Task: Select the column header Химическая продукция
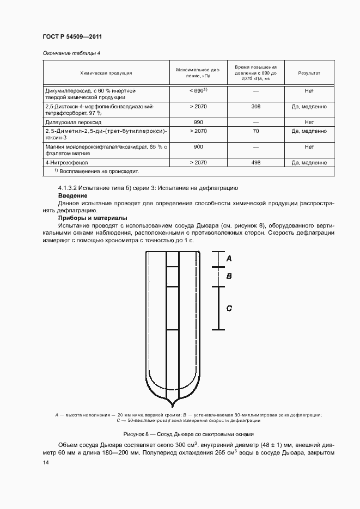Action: [106, 72]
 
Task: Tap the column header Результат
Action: [309, 72]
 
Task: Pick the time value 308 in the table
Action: [256, 107]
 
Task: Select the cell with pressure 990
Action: [198, 122]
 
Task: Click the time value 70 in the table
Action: [256, 131]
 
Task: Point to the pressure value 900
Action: [198, 146]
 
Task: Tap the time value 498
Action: [256, 162]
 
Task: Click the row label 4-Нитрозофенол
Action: [66, 162]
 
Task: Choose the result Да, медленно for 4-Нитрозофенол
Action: [309, 162]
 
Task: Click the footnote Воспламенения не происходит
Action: [98, 171]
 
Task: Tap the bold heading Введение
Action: [74, 195]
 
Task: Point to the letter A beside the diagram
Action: [229, 258]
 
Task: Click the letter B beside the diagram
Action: [229, 276]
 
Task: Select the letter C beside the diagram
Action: [229, 308]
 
